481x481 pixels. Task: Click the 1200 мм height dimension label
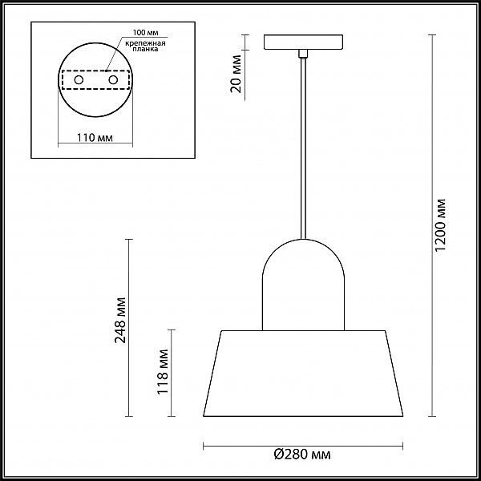point(440,225)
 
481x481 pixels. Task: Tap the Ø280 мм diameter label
point(302,455)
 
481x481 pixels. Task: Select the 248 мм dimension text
point(120,320)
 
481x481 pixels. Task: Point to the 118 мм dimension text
point(163,372)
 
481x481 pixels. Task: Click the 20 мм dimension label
point(236,74)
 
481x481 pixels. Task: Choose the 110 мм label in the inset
point(95,138)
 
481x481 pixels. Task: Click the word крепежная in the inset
point(145,43)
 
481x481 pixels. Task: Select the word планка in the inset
point(146,49)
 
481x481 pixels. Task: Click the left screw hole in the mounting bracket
point(79,80)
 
